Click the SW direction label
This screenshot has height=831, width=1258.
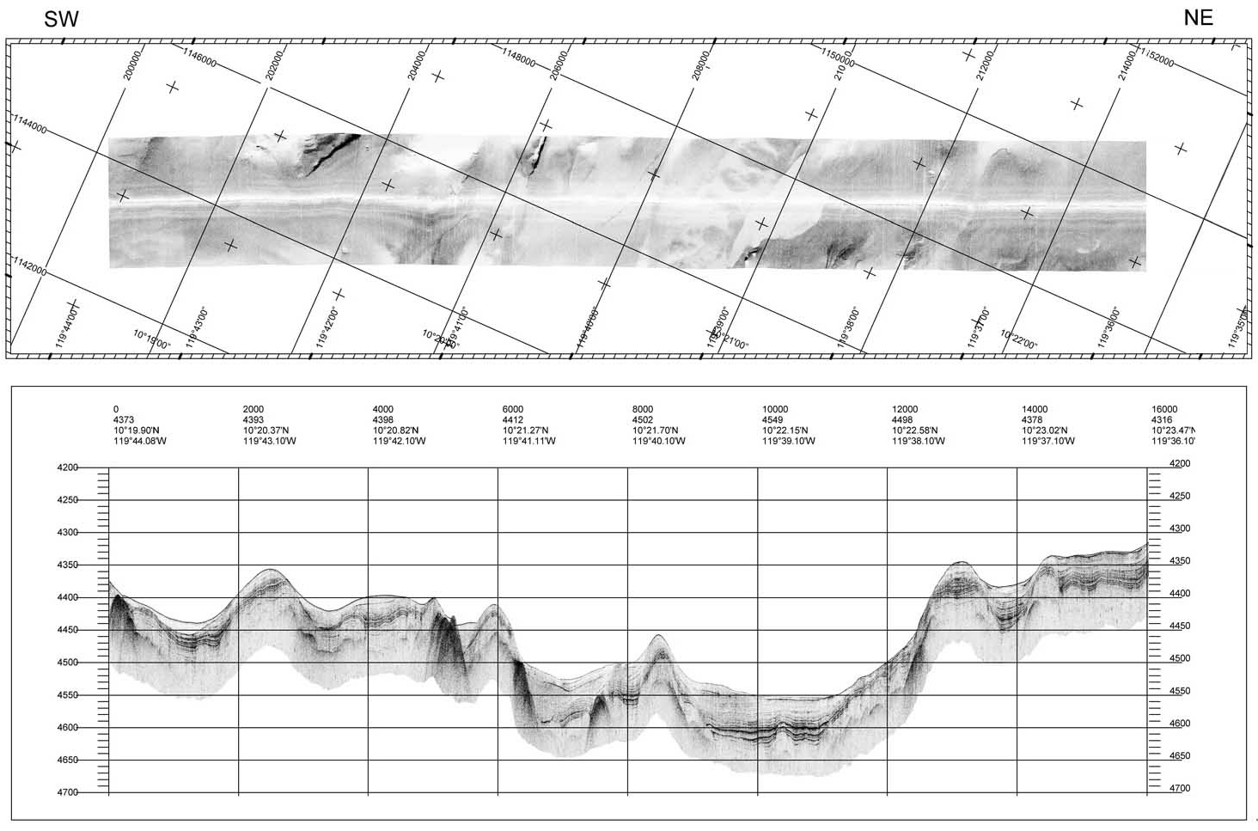[x=61, y=20]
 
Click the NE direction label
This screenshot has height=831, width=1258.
[x=1198, y=18]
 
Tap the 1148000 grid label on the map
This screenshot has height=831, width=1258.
[x=519, y=61]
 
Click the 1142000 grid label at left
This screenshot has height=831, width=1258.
[x=29, y=266]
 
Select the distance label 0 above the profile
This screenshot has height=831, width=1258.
[x=117, y=410]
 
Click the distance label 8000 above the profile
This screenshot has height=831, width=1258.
[x=643, y=410]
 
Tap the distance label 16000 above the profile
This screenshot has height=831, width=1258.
[x=1164, y=410]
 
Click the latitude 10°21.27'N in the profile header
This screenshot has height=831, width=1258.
[x=525, y=431]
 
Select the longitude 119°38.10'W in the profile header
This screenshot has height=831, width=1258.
[x=919, y=441]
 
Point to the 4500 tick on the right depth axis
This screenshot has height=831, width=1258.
[x=1180, y=659]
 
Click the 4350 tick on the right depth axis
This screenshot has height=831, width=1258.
[x=1180, y=561]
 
